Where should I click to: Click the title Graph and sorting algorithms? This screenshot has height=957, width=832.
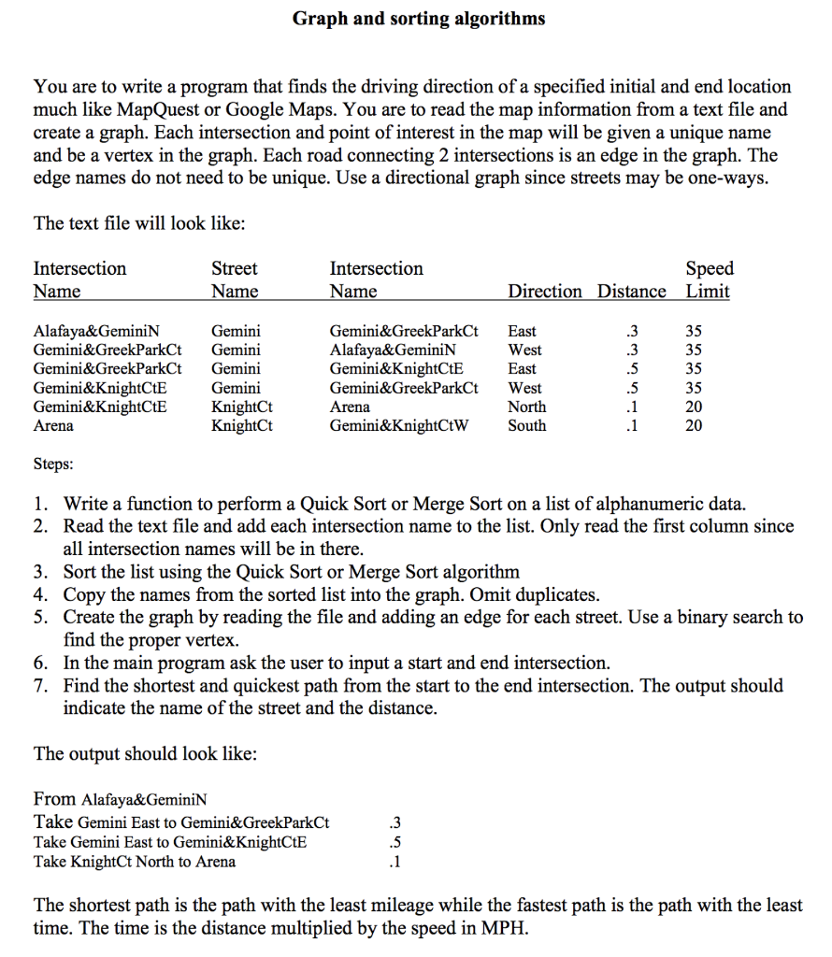[418, 19]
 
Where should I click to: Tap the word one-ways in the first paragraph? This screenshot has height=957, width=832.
[724, 179]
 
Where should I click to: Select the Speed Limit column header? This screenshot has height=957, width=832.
[709, 279]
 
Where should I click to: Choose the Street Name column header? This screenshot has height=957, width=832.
[235, 279]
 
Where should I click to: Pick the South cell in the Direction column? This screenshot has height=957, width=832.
[526, 426]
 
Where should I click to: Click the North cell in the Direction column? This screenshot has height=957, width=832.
[526, 407]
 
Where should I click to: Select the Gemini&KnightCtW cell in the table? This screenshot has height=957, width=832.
[399, 426]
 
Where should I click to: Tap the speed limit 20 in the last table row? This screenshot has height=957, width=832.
[694, 426]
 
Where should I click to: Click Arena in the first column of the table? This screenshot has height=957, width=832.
[53, 426]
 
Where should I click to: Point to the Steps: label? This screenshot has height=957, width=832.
[54, 464]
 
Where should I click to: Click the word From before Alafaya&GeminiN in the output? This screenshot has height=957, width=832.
[54, 799]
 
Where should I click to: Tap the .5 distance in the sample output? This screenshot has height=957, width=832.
[394, 842]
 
